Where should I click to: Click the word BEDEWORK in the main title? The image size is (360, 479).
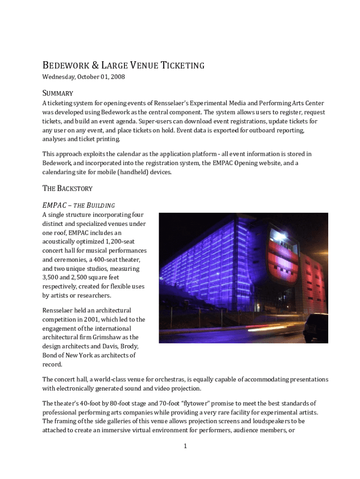pyautogui.click(x=63, y=65)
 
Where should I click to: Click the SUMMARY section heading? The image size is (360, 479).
pyautogui.click(x=58, y=93)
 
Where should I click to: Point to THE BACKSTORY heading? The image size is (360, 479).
pyautogui.click(x=67, y=189)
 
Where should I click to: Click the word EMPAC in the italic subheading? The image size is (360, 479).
pyautogui.click(x=51, y=205)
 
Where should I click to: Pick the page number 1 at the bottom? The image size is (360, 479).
pyautogui.click(x=185, y=446)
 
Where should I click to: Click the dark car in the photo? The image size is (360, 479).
pyautogui.click(x=316, y=327)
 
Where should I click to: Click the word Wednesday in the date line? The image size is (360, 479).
pyautogui.click(x=58, y=77)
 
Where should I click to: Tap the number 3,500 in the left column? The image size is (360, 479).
pyautogui.click(x=51, y=277)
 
